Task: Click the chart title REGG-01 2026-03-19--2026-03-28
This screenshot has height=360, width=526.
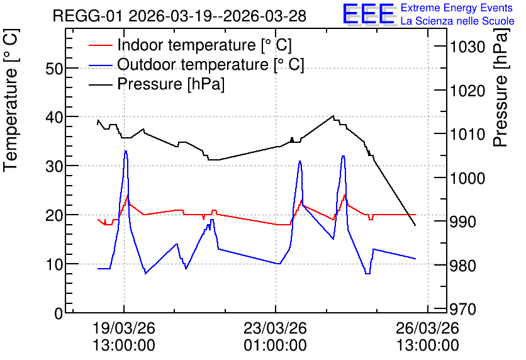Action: point(179,16)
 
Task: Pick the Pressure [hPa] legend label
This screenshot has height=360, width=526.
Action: point(171,84)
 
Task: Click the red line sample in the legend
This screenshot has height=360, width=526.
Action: point(100,45)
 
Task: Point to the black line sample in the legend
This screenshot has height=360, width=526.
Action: point(100,84)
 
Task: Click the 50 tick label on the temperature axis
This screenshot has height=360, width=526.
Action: point(54,69)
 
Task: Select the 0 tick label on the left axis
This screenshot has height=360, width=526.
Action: point(59,313)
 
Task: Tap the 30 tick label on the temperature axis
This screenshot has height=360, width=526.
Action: point(54,166)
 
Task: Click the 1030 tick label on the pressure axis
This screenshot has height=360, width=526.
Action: point(467,47)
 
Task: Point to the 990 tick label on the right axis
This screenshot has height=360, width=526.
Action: point(462,222)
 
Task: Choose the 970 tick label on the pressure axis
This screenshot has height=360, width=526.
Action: point(462,310)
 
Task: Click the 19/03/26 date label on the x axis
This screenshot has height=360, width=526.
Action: point(124,328)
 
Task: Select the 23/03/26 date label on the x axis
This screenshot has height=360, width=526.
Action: point(275,328)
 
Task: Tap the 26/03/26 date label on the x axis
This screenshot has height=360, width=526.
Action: point(427,328)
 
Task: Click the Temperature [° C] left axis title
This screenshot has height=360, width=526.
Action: point(11,100)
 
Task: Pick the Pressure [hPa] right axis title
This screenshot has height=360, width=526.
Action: point(501,87)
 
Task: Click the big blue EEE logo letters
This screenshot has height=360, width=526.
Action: point(369,14)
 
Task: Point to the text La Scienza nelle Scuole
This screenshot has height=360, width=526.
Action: point(457,21)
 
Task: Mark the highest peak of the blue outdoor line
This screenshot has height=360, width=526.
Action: point(125,151)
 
